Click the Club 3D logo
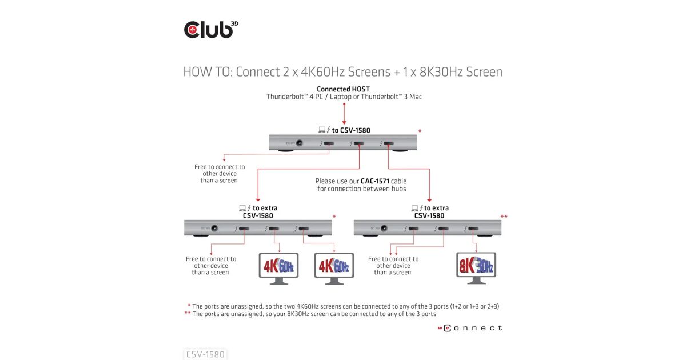[210, 29]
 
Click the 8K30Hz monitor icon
[476, 267]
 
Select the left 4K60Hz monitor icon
[278, 267]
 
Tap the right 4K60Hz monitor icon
[334, 267]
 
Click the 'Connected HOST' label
[343, 89]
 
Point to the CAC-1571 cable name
[374, 181]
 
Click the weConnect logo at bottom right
[470, 328]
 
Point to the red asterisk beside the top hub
[420, 132]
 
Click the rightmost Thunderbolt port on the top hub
[389, 143]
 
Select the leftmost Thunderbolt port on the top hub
[330, 143]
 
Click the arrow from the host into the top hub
[344, 114]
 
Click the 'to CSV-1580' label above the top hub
[350, 130]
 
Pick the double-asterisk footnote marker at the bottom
[188, 314]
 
